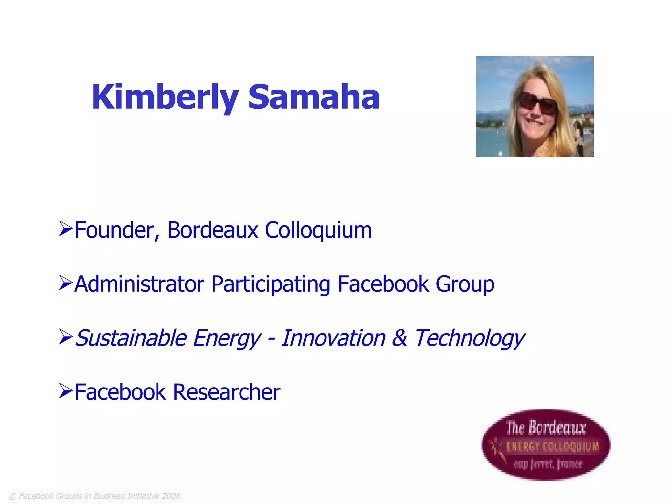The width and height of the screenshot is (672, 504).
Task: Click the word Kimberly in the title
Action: (x=165, y=97)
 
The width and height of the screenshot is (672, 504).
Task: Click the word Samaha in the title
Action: (x=314, y=97)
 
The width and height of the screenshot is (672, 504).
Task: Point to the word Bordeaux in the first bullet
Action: (x=213, y=230)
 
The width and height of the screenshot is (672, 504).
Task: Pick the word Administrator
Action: (x=139, y=284)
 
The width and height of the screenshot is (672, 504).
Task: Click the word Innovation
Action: (x=333, y=338)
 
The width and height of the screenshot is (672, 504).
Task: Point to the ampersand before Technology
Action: (x=400, y=338)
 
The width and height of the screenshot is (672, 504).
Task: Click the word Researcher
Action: (x=226, y=392)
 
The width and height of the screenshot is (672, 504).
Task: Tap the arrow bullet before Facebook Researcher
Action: (x=65, y=391)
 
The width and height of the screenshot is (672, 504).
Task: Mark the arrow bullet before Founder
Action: (x=65, y=229)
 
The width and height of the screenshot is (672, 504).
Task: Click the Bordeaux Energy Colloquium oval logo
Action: (x=546, y=445)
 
